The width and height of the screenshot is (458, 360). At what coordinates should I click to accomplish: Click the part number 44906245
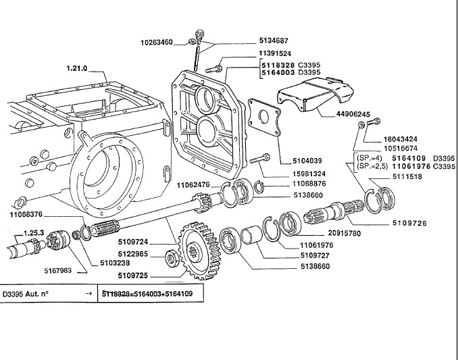[353, 114]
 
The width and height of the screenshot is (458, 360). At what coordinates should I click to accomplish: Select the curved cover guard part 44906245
[315, 93]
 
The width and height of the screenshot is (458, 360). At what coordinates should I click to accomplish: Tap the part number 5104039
[307, 161]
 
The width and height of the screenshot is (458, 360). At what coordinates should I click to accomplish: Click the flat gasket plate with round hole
[264, 118]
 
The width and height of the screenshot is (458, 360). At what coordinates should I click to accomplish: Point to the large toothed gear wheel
[199, 251]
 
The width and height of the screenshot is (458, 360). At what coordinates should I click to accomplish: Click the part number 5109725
[132, 276]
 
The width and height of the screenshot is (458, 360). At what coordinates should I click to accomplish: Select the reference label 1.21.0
[77, 68]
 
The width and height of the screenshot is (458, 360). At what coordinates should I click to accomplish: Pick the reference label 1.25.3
[34, 233]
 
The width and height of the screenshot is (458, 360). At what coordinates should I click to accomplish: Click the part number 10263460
[157, 43]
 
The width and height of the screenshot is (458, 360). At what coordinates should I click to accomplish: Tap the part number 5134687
[274, 41]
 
